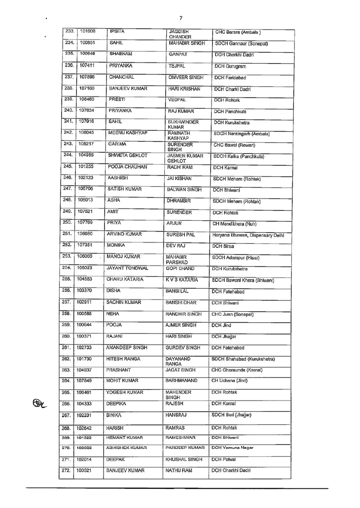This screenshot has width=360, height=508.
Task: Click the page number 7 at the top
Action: (x=181, y=18)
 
